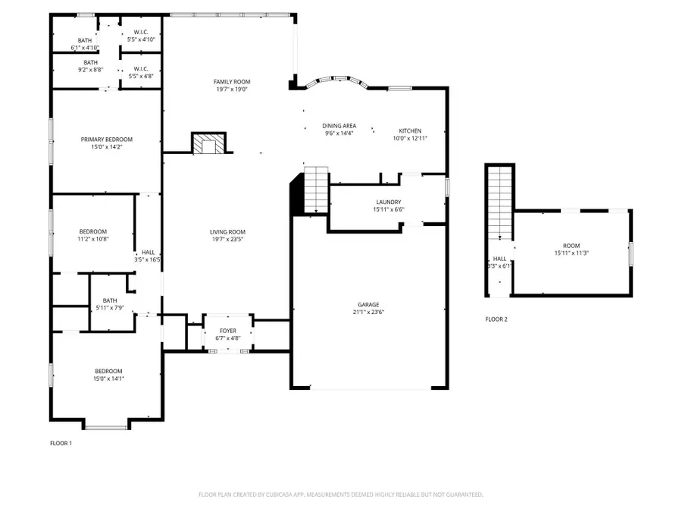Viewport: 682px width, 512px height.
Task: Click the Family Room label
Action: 231,82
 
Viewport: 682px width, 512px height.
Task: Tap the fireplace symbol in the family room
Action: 208,143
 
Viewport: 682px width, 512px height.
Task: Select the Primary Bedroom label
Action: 107,140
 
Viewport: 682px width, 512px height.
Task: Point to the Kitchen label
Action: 410,130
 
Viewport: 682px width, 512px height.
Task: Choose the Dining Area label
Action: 339,126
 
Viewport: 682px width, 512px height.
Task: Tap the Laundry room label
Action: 387,202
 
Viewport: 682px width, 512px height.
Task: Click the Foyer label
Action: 228,331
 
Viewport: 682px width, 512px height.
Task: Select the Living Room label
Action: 227,232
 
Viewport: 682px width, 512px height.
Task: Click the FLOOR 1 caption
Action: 61,443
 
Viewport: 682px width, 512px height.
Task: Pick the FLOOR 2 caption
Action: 496,319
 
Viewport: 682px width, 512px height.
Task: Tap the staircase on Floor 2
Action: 499,201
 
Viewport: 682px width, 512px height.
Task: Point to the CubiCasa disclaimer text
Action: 340,495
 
